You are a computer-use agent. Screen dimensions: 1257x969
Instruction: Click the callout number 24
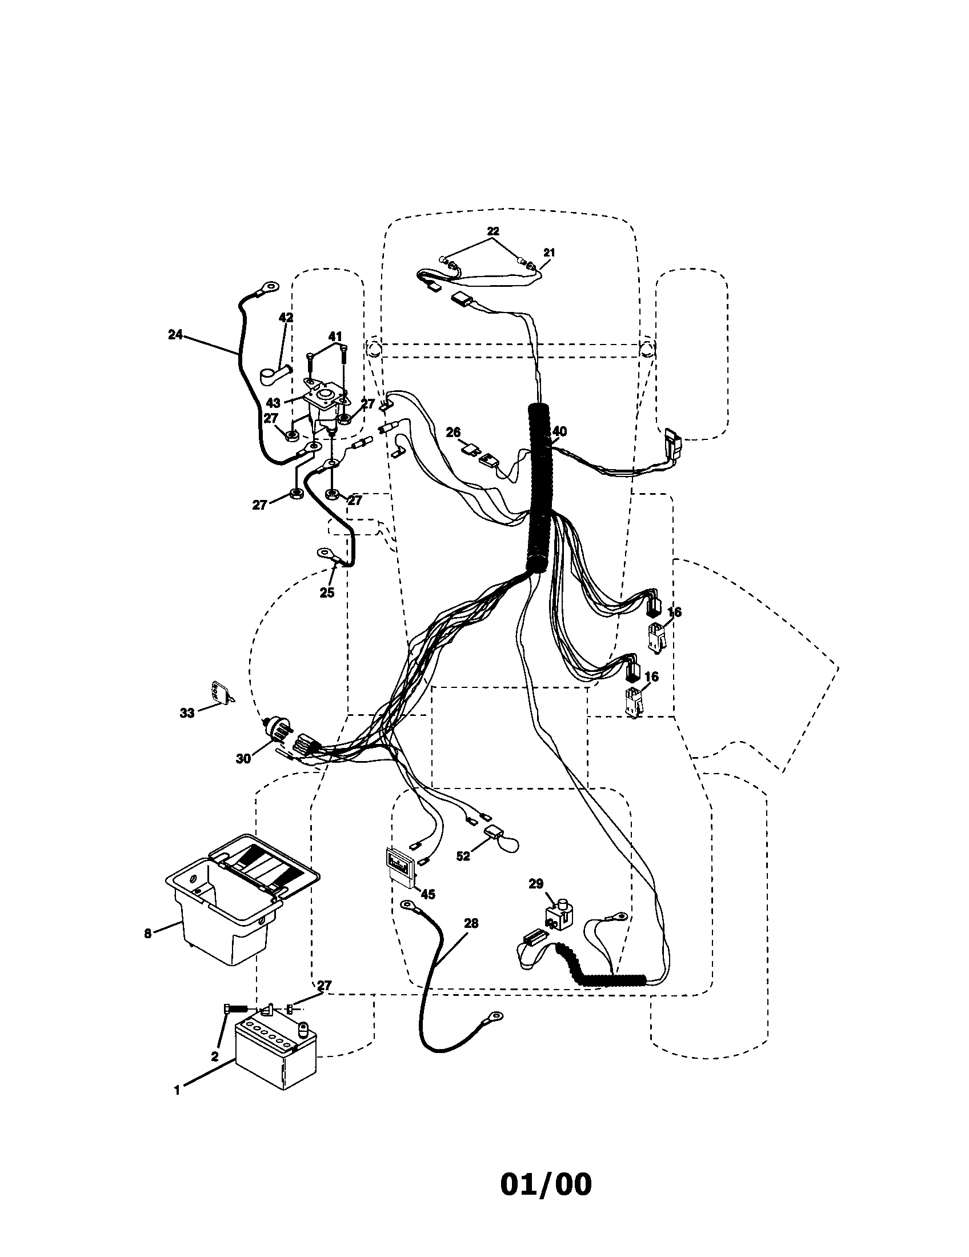pyautogui.click(x=175, y=334)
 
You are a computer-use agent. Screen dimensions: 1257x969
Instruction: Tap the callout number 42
pyautogui.click(x=286, y=318)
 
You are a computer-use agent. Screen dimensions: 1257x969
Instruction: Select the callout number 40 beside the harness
pyautogui.click(x=559, y=431)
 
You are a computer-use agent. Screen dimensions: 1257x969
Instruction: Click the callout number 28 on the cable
pyautogui.click(x=470, y=924)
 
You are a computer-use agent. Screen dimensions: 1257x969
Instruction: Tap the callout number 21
pyautogui.click(x=549, y=252)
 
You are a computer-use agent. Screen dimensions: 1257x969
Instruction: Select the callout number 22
pyautogui.click(x=492, y=231)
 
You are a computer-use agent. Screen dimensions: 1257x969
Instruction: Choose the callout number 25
pyautogui.click(x=327, y=593)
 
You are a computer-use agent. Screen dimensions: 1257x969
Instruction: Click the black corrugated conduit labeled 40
pyautogui.click(x=540, y=489)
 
